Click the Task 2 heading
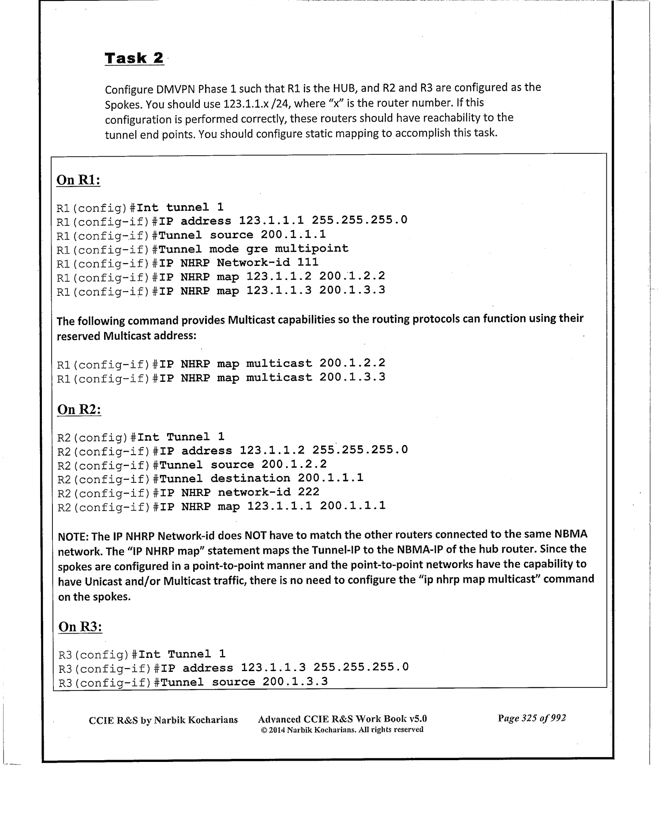134,58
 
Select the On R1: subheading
79,180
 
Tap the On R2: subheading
79,409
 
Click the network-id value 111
308,262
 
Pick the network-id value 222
309,492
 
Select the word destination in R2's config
250,478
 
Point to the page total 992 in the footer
558,718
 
